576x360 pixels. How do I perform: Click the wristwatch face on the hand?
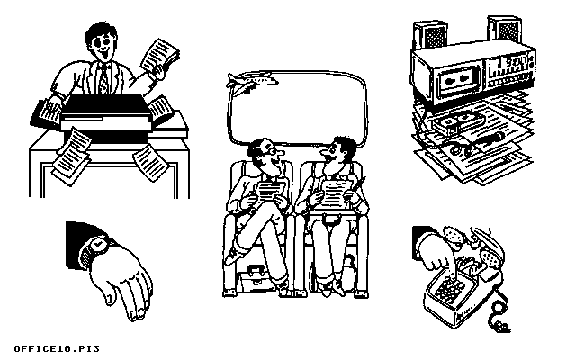[x=98, y=244]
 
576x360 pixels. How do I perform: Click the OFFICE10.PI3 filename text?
[x=57, y=348]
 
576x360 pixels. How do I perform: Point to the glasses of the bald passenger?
[x=271, y=150]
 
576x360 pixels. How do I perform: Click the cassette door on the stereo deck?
[x=456, y=80]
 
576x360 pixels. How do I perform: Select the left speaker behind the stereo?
[x=430, y=36]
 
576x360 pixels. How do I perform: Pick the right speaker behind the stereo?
[x=505, y=29]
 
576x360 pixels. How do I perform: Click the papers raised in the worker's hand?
[x=161, y=58]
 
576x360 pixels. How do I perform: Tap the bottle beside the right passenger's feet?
[x=347, y=272]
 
